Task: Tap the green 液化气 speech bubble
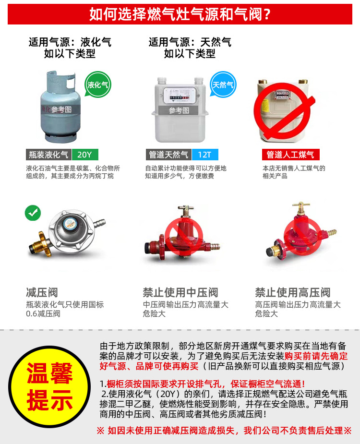97,84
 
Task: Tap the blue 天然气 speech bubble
223,84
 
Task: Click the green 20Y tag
85,155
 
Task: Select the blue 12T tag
205,155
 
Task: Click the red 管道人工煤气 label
290,155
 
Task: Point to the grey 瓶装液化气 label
48,155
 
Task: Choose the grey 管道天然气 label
168,155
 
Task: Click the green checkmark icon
33,213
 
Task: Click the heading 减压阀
42,292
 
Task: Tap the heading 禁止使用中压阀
180,292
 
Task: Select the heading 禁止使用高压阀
293,292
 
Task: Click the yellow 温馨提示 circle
49,386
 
